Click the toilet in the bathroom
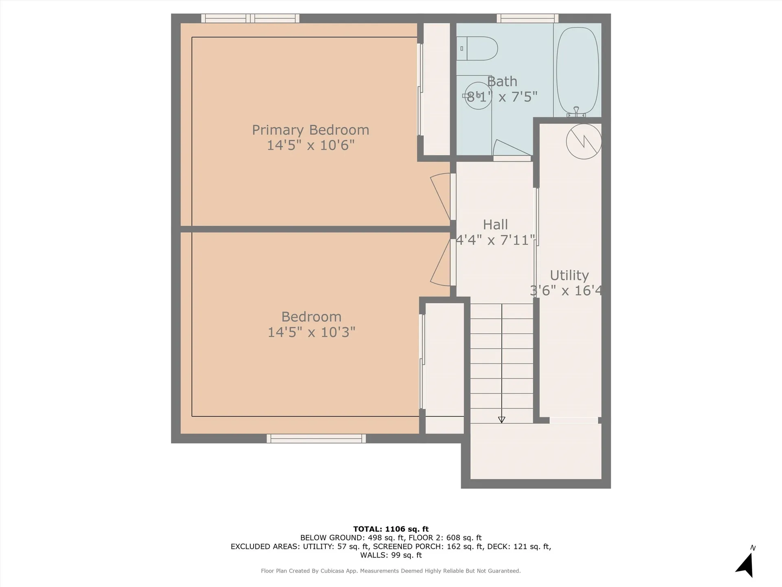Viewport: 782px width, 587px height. (x=477, y=49)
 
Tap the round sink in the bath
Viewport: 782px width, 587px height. (x=478, y=96)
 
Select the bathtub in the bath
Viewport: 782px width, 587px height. (x=578, y=71)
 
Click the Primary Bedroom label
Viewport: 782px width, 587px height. (x=310, y=130)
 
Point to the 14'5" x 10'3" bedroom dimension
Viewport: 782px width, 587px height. (x=311, y=332)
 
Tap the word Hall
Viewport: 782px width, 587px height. (x=495, y=225)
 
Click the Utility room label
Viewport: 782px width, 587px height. (x=569, y=276)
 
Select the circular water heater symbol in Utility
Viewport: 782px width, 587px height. (x=584, y=141)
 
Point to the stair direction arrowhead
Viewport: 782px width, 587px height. (x=502, y=420)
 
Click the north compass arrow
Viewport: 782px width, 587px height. (x=745, y=565)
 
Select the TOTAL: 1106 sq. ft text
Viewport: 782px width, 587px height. (x=391, y=529)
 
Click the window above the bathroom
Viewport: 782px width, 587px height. (x=527, y=18)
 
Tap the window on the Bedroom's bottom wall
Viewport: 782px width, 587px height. (x=316, y=439)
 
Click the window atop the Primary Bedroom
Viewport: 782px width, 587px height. (x=250, y=18)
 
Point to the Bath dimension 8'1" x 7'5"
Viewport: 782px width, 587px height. (x=502, y=97)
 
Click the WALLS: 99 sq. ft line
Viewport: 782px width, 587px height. (x=391, y=555)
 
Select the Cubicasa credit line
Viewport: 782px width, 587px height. (x=391, y=571)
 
